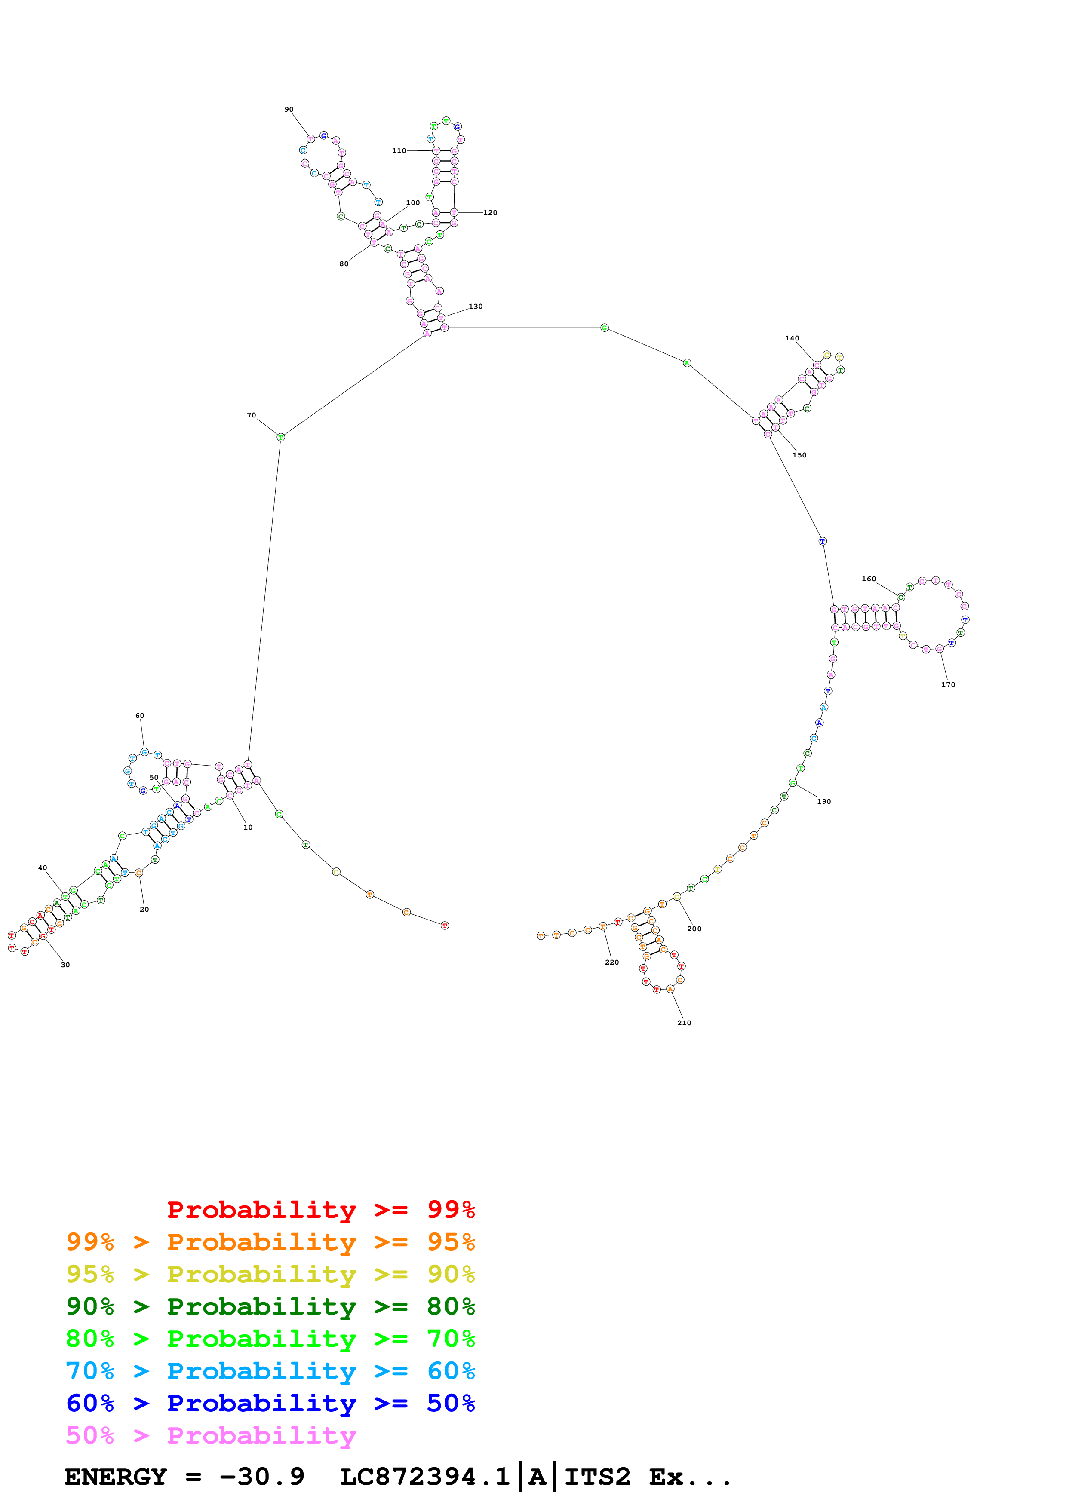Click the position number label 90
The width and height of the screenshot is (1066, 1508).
click(289, 110)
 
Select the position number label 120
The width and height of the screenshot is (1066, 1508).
click(491, 213)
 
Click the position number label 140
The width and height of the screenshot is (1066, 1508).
click(792, 339)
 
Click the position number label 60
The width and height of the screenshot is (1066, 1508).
click(140, 716)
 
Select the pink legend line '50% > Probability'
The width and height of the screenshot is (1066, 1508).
click(211, 1436)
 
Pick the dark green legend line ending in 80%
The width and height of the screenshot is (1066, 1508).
click(270, 1307)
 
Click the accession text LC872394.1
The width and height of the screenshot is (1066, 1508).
click(425, 1477)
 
